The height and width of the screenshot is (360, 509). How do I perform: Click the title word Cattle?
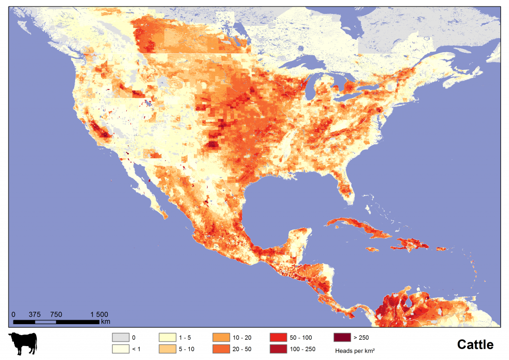(475, 345)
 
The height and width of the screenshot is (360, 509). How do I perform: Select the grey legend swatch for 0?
(120, 337)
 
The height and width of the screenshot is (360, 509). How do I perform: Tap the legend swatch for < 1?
(120, 349)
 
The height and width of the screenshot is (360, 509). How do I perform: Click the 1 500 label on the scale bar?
(99, 314)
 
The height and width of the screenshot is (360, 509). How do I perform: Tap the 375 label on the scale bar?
(35, 314)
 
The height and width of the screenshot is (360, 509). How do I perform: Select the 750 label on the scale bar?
(56, 314)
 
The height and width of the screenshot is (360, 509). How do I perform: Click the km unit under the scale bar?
(105, 322)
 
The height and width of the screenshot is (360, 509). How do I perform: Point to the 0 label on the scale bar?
(13, 314)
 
